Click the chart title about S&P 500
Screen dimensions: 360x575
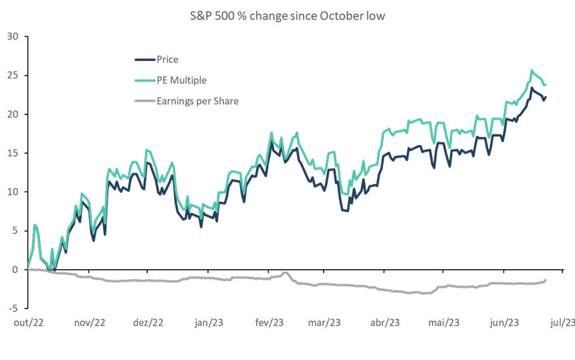(287, 15)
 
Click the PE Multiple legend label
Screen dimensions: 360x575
(181, 80)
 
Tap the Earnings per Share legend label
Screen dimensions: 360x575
(197, 101)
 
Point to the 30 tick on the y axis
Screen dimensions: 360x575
(12, 36)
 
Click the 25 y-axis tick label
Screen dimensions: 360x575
(12, 75)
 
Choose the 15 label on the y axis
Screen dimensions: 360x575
(12, 153)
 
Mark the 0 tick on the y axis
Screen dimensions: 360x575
(14, 270)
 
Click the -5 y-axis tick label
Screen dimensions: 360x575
(12, 308)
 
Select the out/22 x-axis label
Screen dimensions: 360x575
(29, 323)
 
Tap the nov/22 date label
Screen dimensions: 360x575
(90, 323)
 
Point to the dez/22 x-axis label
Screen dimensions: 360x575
(148, 323)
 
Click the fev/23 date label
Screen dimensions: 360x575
(268, 323)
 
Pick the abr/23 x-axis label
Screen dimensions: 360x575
(384, 323)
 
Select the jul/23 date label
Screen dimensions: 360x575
(561, 323)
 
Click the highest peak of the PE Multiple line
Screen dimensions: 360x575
(532, 70)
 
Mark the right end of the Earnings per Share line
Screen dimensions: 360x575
(546, 280)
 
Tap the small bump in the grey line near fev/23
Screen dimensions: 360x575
(285, 272)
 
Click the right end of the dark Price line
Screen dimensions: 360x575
(546, 98)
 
